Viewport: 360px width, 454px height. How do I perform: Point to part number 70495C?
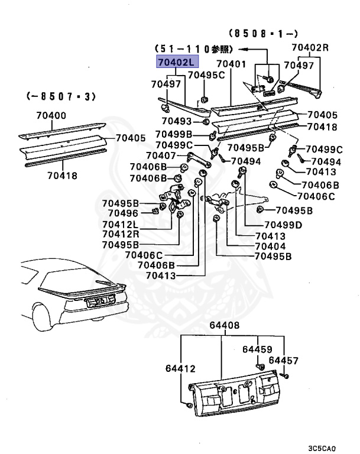(x=206, y=74)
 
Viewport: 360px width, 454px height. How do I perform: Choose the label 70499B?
(x=174, y=134)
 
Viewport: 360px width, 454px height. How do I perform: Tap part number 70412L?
(x=120, y=224)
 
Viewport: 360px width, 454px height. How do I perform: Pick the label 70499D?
(x=283, y=225)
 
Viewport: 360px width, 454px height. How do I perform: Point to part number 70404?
(x=270, y=246)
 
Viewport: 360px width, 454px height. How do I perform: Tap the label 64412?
(x=180, y=369)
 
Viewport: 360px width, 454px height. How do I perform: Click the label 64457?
(x=284, y=360)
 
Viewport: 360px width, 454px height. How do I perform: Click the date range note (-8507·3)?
(x=61, y=95)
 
